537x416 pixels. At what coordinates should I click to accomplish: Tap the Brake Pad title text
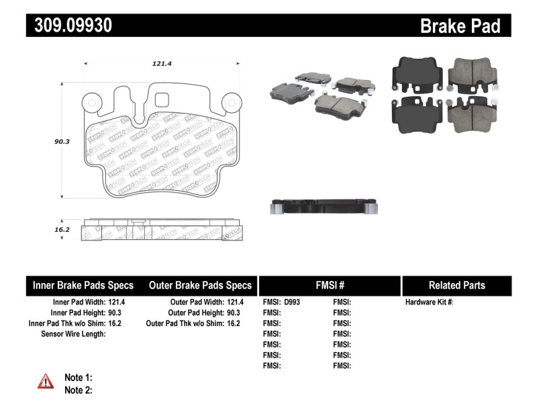(x=460, y=26)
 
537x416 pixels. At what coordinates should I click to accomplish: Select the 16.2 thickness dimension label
(x=62, y=229)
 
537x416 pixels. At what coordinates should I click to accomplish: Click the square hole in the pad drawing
(x=162, y=100)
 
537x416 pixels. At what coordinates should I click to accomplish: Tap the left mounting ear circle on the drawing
(x=91, y=102)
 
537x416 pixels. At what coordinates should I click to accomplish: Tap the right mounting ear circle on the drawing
(x=232, y=102)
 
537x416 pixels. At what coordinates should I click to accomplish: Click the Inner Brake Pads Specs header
(x=83, y=285)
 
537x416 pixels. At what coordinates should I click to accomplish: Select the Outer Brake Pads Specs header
(x=199, y=285)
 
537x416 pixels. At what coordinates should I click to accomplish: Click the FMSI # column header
(x=330, y=285)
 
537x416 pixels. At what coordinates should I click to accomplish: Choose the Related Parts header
(x=456, y=285)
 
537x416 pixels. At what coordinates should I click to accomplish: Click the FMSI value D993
(x=293, y=302)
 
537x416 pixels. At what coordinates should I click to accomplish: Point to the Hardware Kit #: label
(x=429, y=302)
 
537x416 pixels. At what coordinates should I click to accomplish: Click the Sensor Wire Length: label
(x=73, y=334)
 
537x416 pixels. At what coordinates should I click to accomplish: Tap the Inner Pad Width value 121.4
(x=117, y=302)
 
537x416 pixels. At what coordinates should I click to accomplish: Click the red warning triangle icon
(x=45, y=382)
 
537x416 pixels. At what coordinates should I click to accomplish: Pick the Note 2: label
(x=78, y=390)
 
